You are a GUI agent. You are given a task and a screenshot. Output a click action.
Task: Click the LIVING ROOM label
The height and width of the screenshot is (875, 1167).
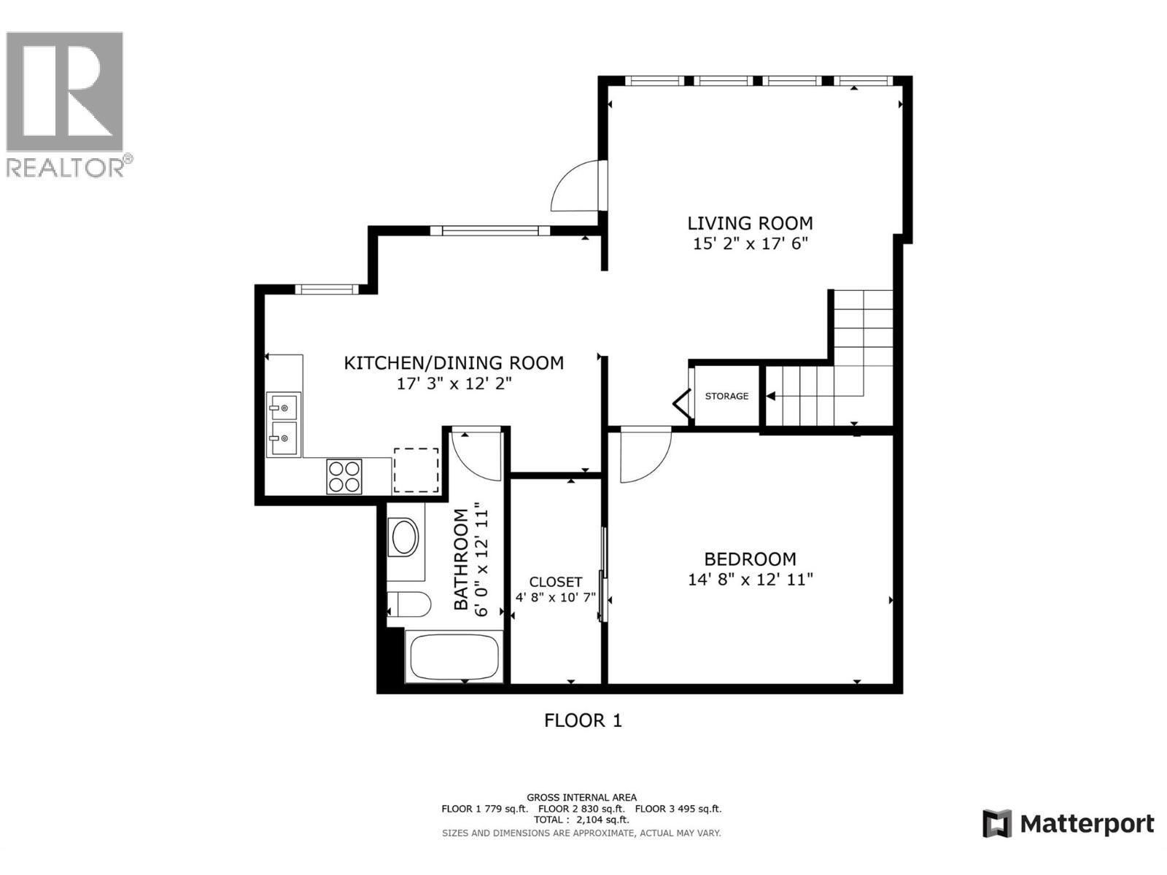[750, 223]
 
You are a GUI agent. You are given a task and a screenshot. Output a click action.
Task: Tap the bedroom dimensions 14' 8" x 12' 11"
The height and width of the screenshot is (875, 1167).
[750, 580]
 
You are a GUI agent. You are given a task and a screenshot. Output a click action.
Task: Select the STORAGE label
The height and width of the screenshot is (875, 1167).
[726, 396]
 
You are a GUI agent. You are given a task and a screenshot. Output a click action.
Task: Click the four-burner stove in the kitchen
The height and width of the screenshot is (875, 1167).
[344, 476]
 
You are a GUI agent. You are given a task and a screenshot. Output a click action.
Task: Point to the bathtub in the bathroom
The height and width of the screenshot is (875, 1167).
[454, 657]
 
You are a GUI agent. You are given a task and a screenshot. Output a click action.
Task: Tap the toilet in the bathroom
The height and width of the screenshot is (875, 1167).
[409, 604]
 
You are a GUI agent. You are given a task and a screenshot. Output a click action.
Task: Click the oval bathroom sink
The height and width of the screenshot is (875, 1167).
[405, 538]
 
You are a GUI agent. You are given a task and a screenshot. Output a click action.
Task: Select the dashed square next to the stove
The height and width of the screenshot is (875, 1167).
[416, 470]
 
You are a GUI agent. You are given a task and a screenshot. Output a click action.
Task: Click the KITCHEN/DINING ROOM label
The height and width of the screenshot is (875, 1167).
[454, 362]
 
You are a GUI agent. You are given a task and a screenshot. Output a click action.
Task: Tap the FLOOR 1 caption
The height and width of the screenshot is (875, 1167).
[583, 720]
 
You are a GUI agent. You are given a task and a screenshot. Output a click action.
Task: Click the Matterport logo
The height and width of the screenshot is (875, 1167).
[1069, 824]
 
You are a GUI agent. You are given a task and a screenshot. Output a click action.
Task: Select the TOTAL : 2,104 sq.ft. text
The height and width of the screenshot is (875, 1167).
[581, 820]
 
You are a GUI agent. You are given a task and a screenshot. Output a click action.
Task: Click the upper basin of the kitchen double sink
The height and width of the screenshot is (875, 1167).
[283, 405]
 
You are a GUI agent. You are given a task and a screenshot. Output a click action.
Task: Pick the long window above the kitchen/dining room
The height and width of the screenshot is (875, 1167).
[489, 230]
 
